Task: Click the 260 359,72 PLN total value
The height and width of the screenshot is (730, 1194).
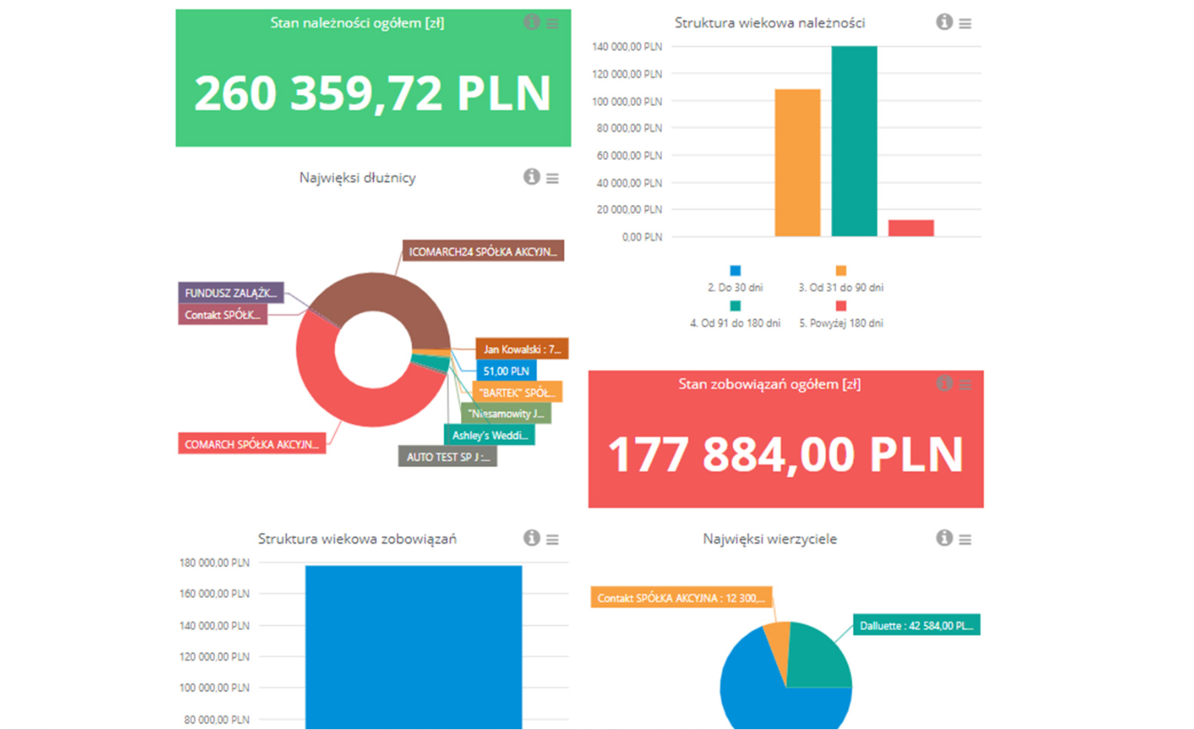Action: [372, 93]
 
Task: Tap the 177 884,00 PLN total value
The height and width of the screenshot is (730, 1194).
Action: [785, 454]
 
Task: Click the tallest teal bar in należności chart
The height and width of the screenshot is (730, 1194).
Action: [854, 141]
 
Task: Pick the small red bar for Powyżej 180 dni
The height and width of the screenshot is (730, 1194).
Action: [911, 228]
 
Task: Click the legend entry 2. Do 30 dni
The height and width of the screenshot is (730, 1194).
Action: [734, 287]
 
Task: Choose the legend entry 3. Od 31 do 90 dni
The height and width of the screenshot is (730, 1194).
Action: [840, 287]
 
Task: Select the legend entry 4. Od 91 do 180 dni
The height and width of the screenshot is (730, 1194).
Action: [735, 323]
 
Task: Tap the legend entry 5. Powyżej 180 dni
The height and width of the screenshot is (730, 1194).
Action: [840, 323]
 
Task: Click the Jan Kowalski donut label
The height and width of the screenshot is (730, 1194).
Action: [521, 349]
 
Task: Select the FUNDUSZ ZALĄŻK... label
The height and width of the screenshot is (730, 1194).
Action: [231, 293]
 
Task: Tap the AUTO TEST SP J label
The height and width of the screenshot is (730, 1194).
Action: [447, 456]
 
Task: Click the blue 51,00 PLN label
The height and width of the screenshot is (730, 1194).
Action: [505, 370]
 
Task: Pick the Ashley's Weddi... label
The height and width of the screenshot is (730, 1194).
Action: [489, 435]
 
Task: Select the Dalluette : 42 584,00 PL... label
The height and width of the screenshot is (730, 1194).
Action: [916, 625]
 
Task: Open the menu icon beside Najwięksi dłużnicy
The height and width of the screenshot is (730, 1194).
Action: [553, 179]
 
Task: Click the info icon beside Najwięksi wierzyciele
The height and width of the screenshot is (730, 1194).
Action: [944, 538]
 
